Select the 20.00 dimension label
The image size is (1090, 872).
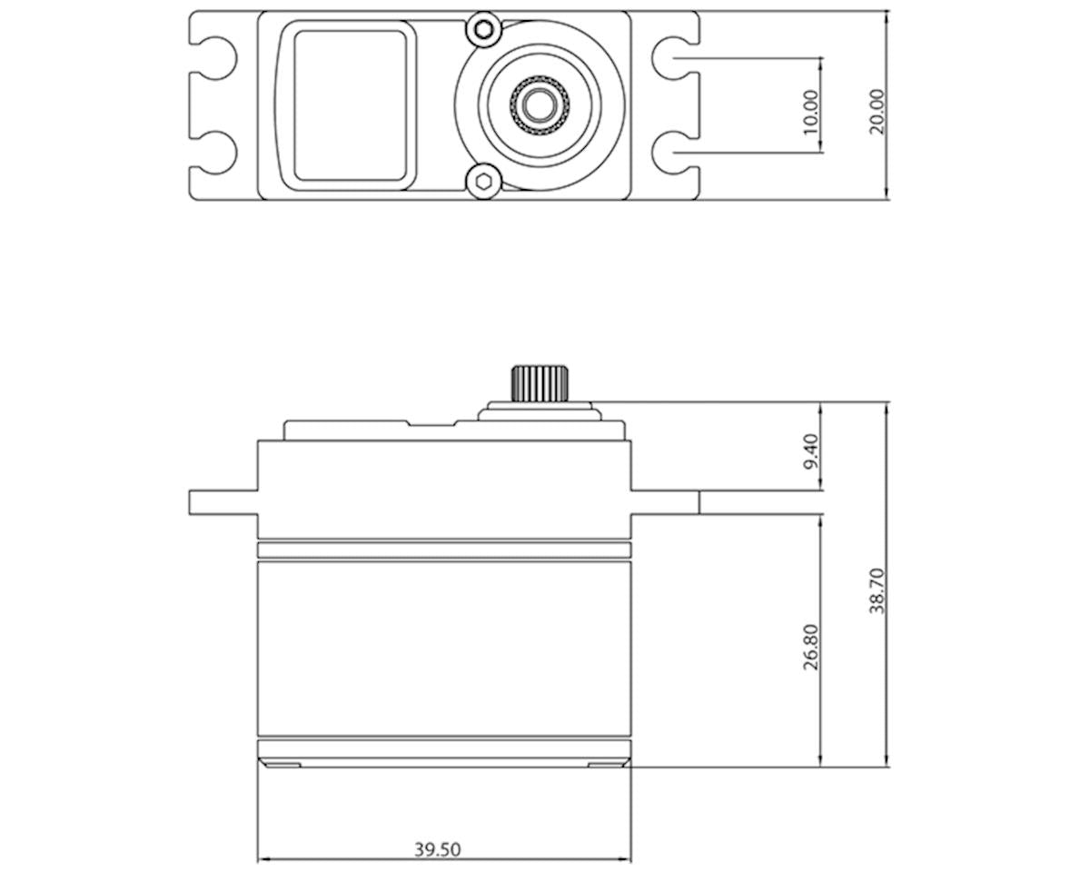click(877, 112)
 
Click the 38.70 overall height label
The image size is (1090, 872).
click(877, 591)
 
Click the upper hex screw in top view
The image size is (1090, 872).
click(484, 30)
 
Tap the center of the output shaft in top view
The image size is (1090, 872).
click(540, 105)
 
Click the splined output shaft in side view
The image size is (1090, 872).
click(540, 383)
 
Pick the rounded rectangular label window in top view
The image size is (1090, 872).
click(348, 105)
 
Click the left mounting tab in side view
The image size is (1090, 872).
click(223, 502)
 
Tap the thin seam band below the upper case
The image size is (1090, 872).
click(443, 550)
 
